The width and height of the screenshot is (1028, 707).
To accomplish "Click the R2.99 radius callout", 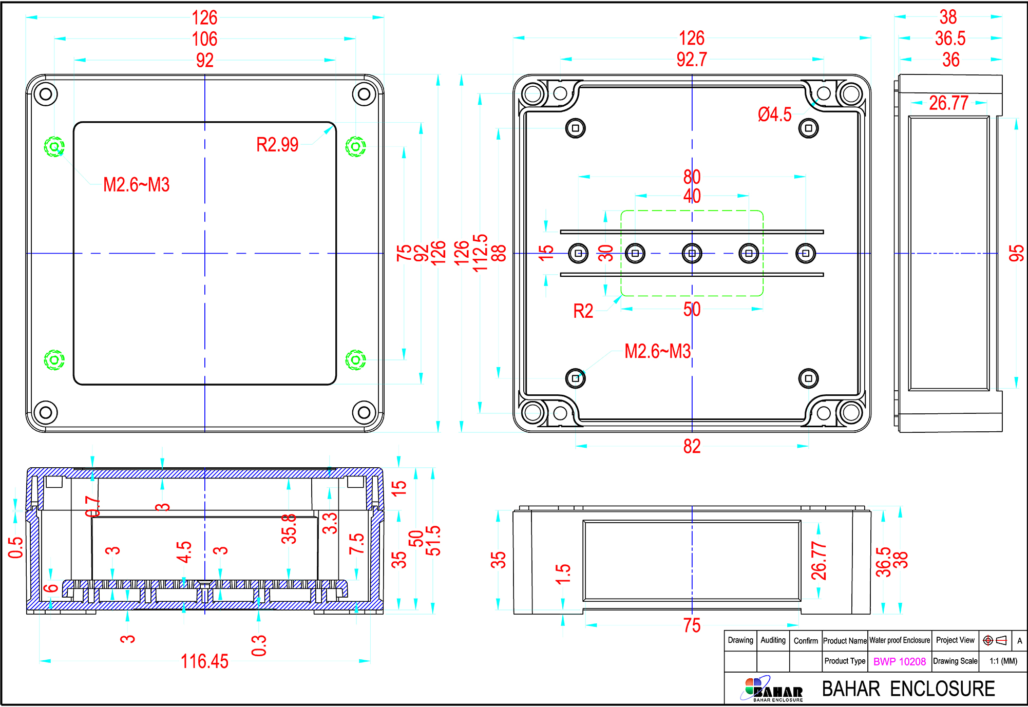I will [x=277, y=145].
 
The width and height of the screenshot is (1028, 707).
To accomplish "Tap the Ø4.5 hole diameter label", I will [x=774, y=114].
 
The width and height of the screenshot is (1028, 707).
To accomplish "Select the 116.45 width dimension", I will [x=204, y=661].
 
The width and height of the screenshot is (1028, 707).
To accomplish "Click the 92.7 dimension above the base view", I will [x=691, y=60].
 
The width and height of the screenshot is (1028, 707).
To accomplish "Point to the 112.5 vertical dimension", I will [x=480, y=253].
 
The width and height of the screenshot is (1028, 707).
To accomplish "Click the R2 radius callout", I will [x=583, y=311].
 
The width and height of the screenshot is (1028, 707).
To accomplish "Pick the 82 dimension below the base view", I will [x=692, y=446].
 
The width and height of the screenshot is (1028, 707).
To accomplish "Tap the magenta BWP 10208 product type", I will [x=900, y=661].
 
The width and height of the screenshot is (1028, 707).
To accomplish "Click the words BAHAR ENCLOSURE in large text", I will [x=908, y=689].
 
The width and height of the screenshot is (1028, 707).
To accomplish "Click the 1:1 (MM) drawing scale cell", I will [x=1003, y=661].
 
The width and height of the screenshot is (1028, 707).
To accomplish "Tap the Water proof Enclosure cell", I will [x=900, y=640].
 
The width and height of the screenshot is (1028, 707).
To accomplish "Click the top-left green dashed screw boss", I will [x=54, y=147].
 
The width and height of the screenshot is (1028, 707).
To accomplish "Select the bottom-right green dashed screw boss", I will [x=355, y=359].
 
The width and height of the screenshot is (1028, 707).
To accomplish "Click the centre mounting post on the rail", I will [x=692, y=253].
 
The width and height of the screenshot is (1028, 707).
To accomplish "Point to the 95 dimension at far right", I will [x=1016, y=253].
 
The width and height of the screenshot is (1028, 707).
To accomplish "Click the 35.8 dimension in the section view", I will [x=289, y=529].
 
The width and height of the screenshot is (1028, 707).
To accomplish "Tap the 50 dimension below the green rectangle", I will [x=692, y=309].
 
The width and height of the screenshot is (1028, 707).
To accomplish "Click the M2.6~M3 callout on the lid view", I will [x=136, y=185].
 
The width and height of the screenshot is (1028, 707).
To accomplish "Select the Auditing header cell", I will [x=773, y=640].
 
